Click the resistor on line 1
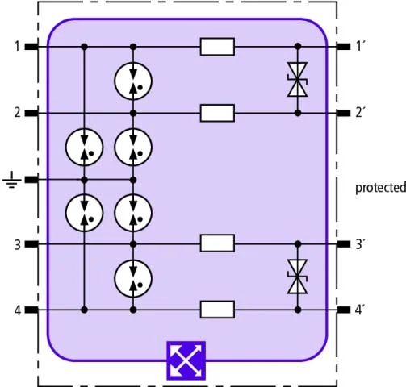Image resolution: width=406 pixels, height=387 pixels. [x=217, y=47]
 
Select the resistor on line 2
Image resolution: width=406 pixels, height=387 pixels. [x=217, y=113]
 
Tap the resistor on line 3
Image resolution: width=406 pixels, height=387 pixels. [x=217, y=243]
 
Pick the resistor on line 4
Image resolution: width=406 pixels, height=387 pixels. [x=217, y=310]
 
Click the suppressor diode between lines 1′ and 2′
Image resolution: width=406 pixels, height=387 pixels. [x=297, y=80]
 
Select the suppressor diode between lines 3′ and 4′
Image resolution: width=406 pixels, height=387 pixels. [x=297, y=277]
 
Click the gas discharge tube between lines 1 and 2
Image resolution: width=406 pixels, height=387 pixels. [x=133, y=81]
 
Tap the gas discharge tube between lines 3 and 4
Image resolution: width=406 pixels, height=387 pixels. [x=133, y=278]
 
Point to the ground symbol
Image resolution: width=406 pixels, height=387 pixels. [x=12, y=180]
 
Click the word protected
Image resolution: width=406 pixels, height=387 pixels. [x=380, y=188]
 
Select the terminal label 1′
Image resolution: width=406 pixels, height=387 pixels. [x=361, y=46]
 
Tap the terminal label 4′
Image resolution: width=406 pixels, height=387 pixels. [x=360, y=310]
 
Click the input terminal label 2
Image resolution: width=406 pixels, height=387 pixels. [x=18, y=113]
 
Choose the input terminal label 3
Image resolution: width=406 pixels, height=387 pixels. [x=18, y=245]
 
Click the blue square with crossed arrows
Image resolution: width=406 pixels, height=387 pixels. [x=186, y=360]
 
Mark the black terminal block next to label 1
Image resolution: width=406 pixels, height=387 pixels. [x=31, y=47]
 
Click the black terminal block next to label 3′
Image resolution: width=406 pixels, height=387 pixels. [x=344, y=244]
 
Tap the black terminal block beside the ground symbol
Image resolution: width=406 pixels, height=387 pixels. [x=31, y=180]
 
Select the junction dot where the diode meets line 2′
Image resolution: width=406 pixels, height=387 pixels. [x=298, y=113]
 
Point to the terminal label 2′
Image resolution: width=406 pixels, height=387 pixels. [x=361, y=113]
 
